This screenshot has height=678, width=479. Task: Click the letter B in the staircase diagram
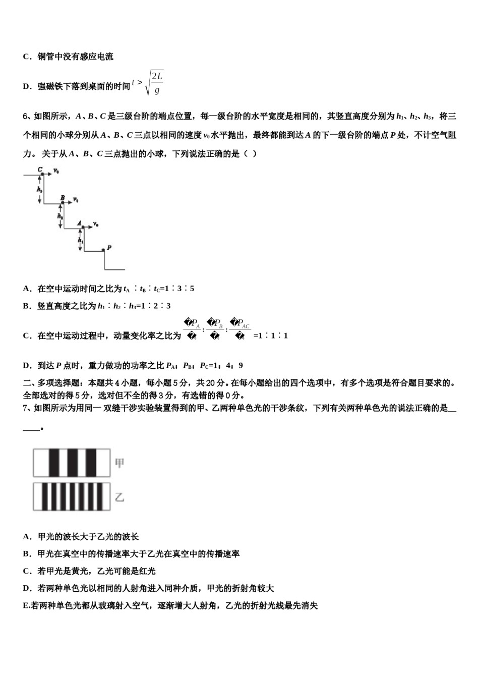63,198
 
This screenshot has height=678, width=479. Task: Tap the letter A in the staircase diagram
80,222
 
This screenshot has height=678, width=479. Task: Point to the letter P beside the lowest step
109,247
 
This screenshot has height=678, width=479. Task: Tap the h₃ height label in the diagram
39,189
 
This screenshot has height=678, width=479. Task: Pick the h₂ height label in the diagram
59,216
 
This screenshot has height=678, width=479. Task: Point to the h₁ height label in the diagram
80,241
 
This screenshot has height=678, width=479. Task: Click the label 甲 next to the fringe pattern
119,463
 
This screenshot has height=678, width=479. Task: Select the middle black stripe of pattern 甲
72,463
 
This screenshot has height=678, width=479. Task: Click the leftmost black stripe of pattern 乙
41,497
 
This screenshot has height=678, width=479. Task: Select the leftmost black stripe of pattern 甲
54,463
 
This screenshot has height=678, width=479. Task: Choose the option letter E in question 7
26,605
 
